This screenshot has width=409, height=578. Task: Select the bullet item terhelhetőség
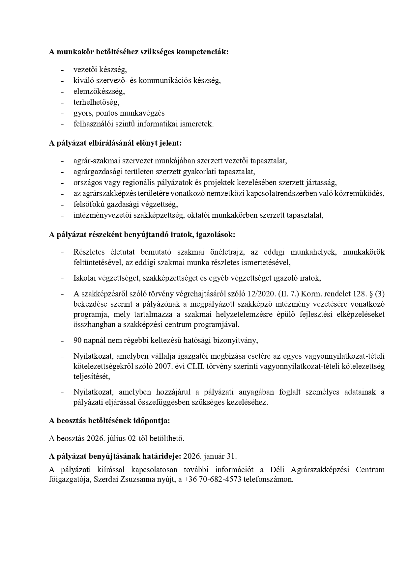point(96,102)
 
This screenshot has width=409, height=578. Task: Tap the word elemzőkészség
point(99,91)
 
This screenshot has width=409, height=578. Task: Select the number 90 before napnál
point(78,340)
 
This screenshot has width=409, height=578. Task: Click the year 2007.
point(163,366)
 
